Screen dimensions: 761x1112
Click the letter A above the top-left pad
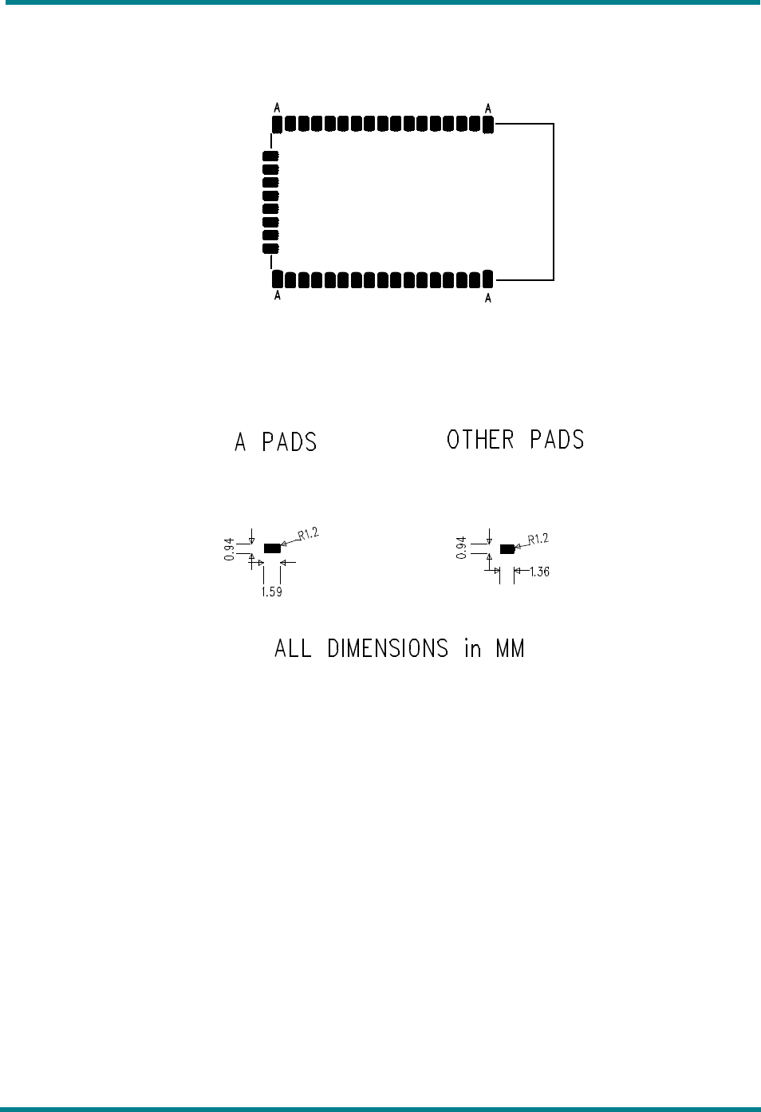click(277, 107)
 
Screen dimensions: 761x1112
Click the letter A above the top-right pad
click(488, 109)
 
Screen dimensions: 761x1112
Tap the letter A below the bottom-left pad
click(277, 295)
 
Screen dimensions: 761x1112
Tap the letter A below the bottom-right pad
click(488, 298)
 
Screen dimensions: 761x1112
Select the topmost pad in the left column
click(270, 156)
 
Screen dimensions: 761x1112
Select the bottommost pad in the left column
click(270, 248)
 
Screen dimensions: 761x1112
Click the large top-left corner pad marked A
click(277, 124)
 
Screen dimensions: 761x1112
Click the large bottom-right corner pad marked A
click(488, 279)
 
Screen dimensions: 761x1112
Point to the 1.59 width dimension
click(272, 592)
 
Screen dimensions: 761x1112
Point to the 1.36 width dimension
click(540, 572)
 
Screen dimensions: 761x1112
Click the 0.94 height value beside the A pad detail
click(230, 549)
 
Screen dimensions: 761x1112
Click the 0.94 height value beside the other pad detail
click(462, 548)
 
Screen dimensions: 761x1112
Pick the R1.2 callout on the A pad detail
click(308, 534)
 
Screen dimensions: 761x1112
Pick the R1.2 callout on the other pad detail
click(538, 540)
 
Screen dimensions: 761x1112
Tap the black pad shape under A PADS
click(272, 548)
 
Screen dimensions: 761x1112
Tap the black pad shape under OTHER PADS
click(507, 549)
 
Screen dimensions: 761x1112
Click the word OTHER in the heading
click(480, 440)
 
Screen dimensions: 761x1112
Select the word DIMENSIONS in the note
click(388, 648)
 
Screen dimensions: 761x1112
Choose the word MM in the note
click(510, 648)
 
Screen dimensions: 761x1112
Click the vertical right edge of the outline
click(554, 202)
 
